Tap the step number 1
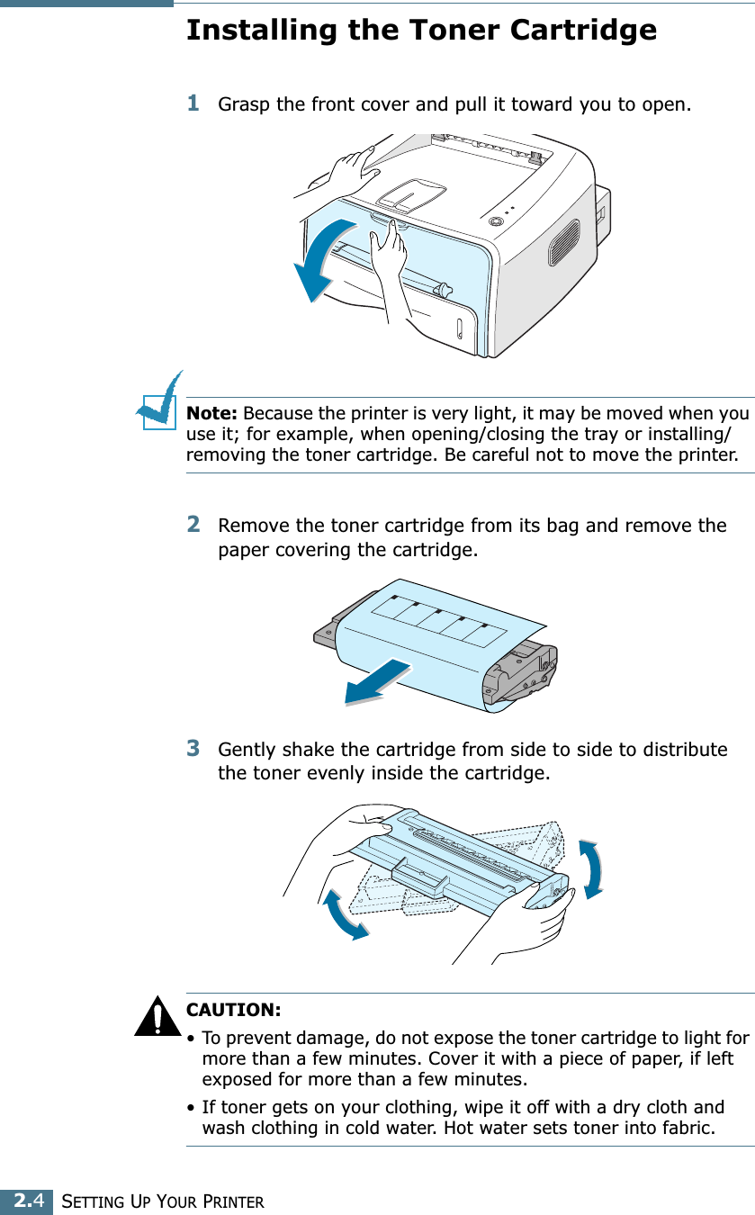[x=193, y=103]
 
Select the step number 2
[x=193, y=524]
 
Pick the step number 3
[x=193, y=748]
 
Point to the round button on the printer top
[x=495, y=220]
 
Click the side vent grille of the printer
[x=564, y=242]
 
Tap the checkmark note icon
[x=159, y=401]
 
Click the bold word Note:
[x=211, y=413]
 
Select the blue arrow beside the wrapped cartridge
[x=378, y=682]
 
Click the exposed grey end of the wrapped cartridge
[x=521, y=672]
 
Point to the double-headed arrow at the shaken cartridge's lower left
[x=343, y=915]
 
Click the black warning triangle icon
[x=157, y=1016]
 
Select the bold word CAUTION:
[x=234, y=1010]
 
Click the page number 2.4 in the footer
[x=28, y=1201]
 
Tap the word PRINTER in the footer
[x=234, y=1202]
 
